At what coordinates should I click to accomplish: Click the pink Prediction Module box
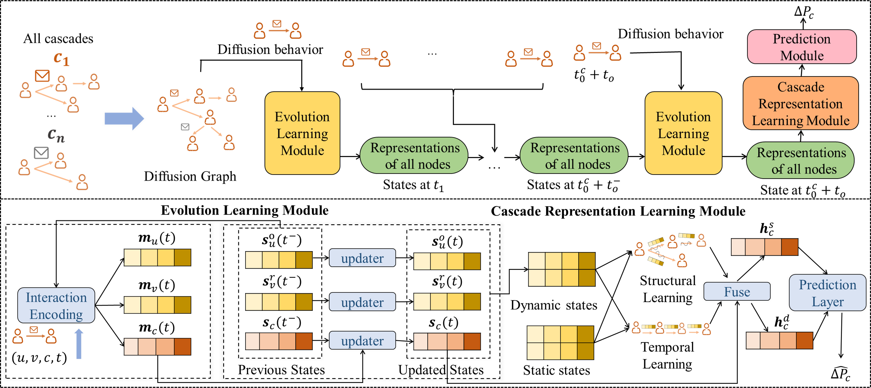pyautogui.click(x=801, y=47)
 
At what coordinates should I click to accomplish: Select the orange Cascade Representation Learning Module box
pyautogui.click(x=800, y=103)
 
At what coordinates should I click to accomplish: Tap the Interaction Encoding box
pyautogui.click(x=56, y=306)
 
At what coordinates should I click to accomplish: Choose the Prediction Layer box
pyautogui.click(x=827, y=293)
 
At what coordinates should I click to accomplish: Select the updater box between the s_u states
pyautogui.click(x=362, y=258)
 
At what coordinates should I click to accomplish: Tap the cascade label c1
pyautogui.click(x=61, y=59)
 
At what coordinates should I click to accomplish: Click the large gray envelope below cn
pyautogui.click(x=41, y=153)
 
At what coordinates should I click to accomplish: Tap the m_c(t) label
pyautogui.click(x=157, y=328)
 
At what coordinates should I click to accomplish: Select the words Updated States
pyautogui.click(x=441, y=370)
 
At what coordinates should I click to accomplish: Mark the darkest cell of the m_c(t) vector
pyautogui.click(x=183, y=346)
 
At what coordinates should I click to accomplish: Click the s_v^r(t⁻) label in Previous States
pyautogui.click(x=282, y=281)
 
